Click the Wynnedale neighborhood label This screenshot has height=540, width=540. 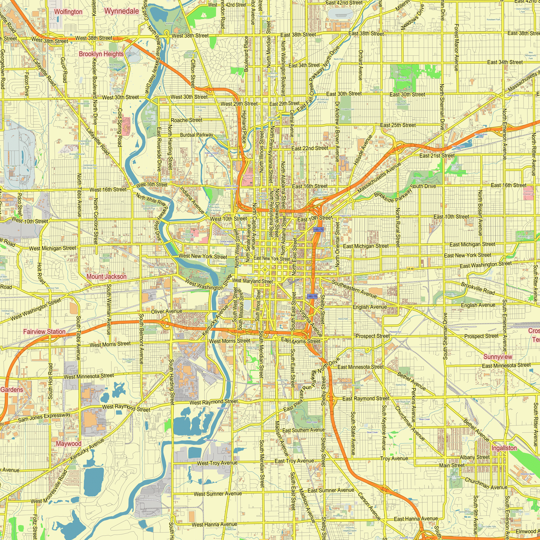121,11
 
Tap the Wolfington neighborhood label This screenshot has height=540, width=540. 68,12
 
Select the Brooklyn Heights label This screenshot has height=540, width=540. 101,54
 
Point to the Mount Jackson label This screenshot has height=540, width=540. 106,276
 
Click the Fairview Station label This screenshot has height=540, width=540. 44,332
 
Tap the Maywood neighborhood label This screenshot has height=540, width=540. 69,444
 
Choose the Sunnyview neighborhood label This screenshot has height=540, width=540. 498,357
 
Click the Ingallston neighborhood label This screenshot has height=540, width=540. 504,448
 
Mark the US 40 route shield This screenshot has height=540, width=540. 410,269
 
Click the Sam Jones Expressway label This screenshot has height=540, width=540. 44,417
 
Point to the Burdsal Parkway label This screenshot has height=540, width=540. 197,135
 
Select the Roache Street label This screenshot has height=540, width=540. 186,120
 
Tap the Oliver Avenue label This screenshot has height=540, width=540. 167,311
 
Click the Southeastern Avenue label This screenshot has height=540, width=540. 354,289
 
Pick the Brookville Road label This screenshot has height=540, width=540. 478,288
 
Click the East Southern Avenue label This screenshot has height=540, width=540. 303,430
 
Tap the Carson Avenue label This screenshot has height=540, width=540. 369,506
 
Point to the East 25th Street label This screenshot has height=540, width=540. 398,125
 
